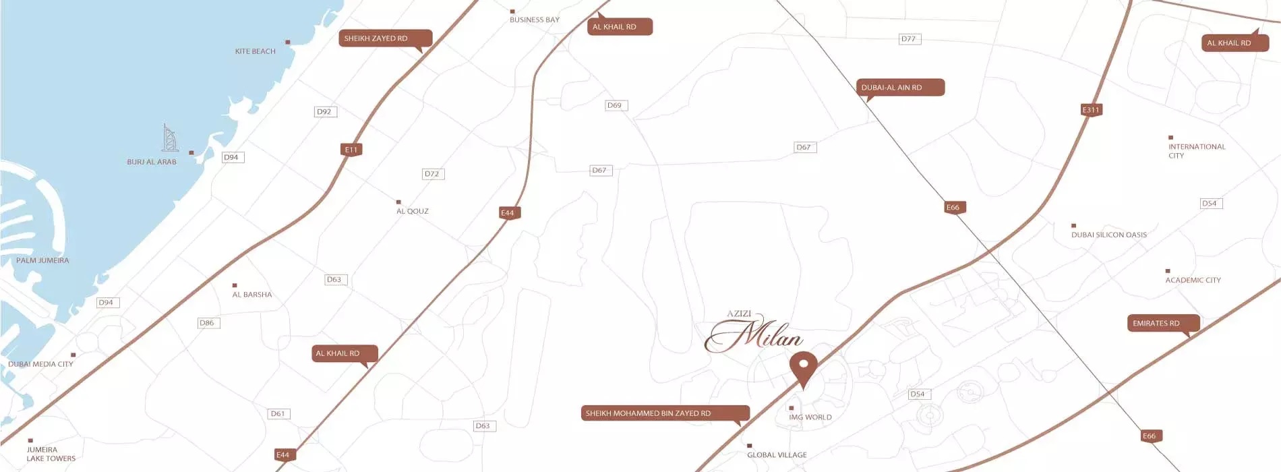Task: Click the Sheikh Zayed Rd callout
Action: [384, 38]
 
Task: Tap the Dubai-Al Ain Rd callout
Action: [899, 88]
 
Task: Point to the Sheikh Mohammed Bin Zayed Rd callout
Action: [665, 413]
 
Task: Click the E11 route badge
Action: [351, 150]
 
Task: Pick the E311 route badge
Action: [1091, 110]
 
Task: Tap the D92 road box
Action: [325, 112]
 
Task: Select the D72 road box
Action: [432, 174]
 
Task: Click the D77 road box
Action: [909, 39]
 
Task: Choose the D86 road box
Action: [208, 323]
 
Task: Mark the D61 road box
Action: [278, 414]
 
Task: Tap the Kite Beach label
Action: [256, 51]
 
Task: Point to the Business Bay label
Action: [534, 20]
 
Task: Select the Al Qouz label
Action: [413, 211]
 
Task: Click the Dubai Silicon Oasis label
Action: [1108, 235]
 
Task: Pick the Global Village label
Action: [777, 455]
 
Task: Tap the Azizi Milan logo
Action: [754, 332]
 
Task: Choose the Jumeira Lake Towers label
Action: [51, 454]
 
